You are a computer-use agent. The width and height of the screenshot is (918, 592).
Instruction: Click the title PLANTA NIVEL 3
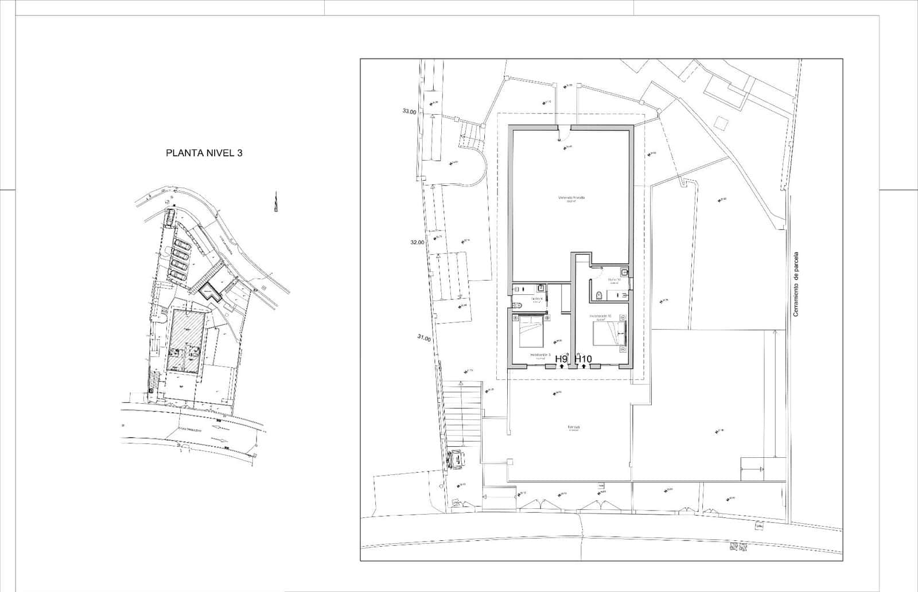click(204, 153)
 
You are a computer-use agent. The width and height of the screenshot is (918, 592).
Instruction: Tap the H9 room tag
click(561, 359)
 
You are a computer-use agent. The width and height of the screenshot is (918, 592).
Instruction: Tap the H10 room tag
click(583, 359)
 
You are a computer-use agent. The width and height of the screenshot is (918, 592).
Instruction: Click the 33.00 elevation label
click(409, 112)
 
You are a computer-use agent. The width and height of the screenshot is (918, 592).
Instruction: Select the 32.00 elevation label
click(417, 242)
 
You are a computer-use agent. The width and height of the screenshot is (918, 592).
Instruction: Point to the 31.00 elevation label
click(424, 338)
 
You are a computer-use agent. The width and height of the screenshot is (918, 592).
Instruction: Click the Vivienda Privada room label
click(571, 198)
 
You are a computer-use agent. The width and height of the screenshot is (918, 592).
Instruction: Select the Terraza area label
click(574, 427)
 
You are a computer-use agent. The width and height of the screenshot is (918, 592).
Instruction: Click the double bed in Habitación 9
click(532, 332)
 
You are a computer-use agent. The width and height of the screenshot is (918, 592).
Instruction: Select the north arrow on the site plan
click(276, 202)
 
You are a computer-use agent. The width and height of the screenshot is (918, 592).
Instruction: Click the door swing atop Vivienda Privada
click(563, 134)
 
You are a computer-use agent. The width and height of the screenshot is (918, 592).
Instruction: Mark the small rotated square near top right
click(719, 122)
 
